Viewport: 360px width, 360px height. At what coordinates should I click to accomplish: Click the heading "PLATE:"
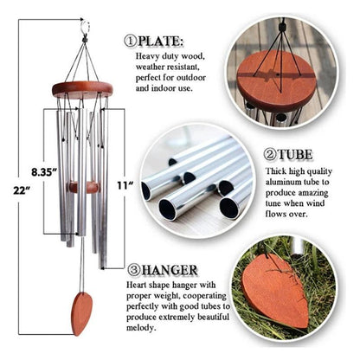[161, 41]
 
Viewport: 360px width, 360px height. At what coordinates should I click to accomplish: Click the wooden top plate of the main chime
[82, 87]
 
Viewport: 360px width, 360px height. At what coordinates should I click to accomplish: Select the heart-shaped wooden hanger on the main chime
[81, 313]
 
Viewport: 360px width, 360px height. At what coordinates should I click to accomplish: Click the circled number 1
[131, 41]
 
